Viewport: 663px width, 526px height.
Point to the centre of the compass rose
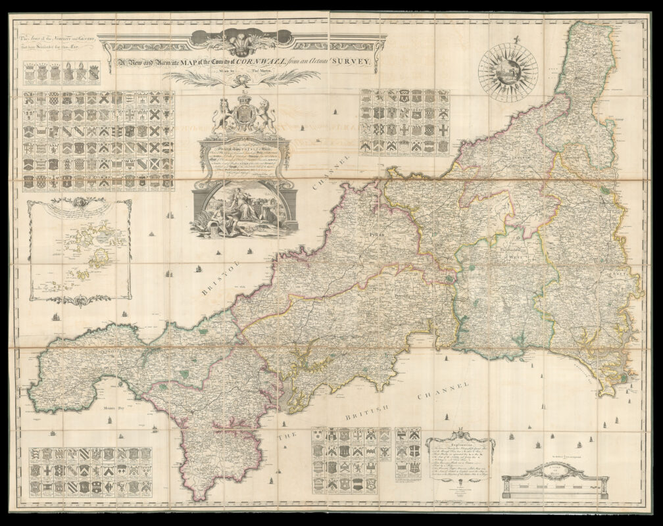[508, 72]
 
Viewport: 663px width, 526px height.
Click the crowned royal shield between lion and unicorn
[243, 115]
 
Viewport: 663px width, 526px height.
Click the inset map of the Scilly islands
[79, 250]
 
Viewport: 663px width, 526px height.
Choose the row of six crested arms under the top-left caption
[62, 74]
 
